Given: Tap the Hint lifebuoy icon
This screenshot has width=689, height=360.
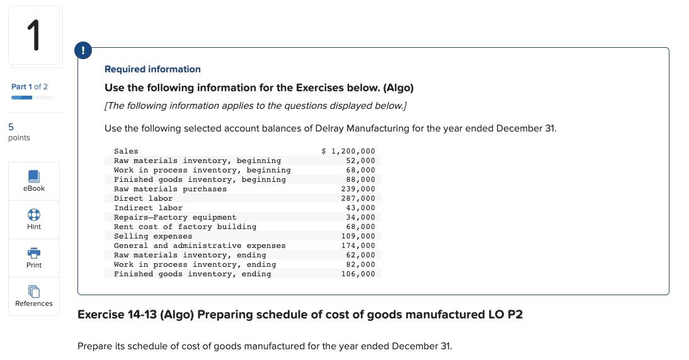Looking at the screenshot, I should click(34, 214).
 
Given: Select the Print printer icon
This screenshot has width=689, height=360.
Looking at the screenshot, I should click(34, 252).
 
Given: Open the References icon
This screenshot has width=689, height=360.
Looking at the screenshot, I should click(34, 291).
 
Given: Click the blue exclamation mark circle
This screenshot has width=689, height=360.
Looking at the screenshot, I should click(83, 51).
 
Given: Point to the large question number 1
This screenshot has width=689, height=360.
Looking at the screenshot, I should click(35, 35).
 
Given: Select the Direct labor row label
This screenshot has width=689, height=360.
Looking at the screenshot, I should click(143, 198).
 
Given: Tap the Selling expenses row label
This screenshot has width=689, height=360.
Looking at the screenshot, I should click(153, 236).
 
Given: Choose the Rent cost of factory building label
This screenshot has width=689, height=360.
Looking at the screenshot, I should click(185, 227).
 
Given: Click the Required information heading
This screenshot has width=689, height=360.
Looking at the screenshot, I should click(152, 69).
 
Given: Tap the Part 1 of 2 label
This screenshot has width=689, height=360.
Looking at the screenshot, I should click(30, 87).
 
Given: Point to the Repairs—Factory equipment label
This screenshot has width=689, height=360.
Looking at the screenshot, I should click(175, 217).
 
